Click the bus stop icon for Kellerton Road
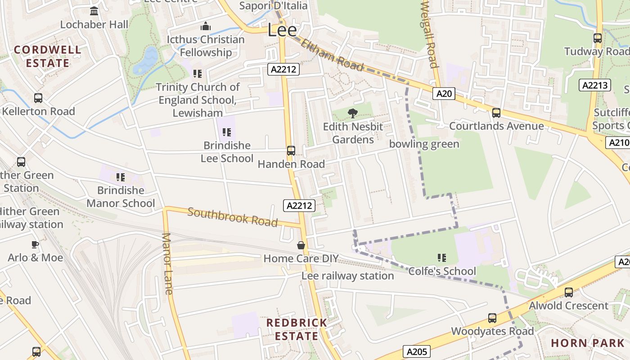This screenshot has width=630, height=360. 38,98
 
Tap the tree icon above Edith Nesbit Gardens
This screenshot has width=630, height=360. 353,113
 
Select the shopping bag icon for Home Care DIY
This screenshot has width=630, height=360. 301,245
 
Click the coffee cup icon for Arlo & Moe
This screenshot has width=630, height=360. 35,244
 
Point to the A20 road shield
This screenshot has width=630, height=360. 444,94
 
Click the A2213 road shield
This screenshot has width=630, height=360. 595,85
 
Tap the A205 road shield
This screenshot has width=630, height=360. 416,351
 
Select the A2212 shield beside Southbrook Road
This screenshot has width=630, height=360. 299,206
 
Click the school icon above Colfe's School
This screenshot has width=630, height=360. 442,258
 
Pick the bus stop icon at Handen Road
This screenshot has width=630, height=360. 291,151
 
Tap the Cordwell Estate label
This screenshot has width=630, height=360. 47,56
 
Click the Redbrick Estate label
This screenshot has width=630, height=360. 297,329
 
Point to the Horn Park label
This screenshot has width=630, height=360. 588,343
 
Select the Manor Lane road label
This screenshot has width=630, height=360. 167,264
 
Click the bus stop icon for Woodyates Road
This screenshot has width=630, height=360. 492,318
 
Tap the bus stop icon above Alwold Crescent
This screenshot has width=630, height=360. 569,292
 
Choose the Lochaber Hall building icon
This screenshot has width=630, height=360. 94,11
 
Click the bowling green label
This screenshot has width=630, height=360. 424,144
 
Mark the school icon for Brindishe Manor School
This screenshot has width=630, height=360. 120,177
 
